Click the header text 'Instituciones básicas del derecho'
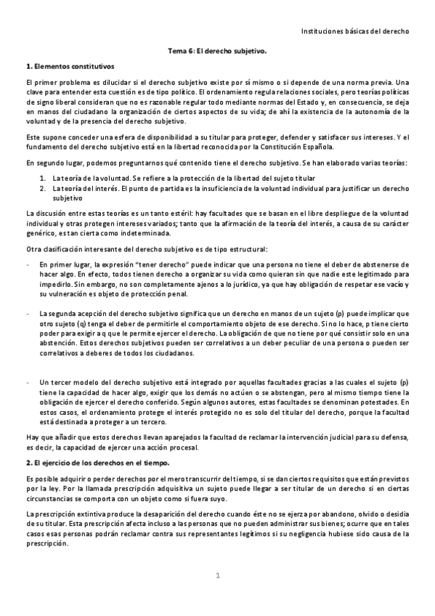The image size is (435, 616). coord(355,32)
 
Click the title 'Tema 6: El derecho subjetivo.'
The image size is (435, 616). coord(217,52)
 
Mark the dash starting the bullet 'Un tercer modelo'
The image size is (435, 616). coord(27,381)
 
